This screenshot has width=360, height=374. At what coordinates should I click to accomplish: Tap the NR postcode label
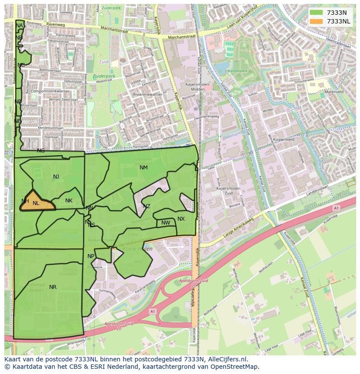(53, 287)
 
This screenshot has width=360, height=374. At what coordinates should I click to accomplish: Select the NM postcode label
(143, 168)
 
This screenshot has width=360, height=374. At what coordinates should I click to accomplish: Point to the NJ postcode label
(56, 177)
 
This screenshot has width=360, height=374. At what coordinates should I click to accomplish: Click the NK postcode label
(69, 201)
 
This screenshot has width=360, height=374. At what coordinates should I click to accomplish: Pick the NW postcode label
(166, 223)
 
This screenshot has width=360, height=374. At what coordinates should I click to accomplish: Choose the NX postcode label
(181, 219)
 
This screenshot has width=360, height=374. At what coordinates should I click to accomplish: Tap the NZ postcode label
(147, 206)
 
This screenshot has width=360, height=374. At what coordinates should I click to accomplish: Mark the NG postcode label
(41, 151)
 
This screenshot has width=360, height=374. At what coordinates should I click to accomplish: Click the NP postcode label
(91, 256)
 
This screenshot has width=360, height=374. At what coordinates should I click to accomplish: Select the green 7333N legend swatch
(316, 13)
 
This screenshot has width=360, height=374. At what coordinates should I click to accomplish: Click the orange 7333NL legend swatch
(316, 21)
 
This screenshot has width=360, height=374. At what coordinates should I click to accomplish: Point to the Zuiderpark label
(104, 76)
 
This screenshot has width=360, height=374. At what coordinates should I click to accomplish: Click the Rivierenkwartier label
(148, 94)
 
